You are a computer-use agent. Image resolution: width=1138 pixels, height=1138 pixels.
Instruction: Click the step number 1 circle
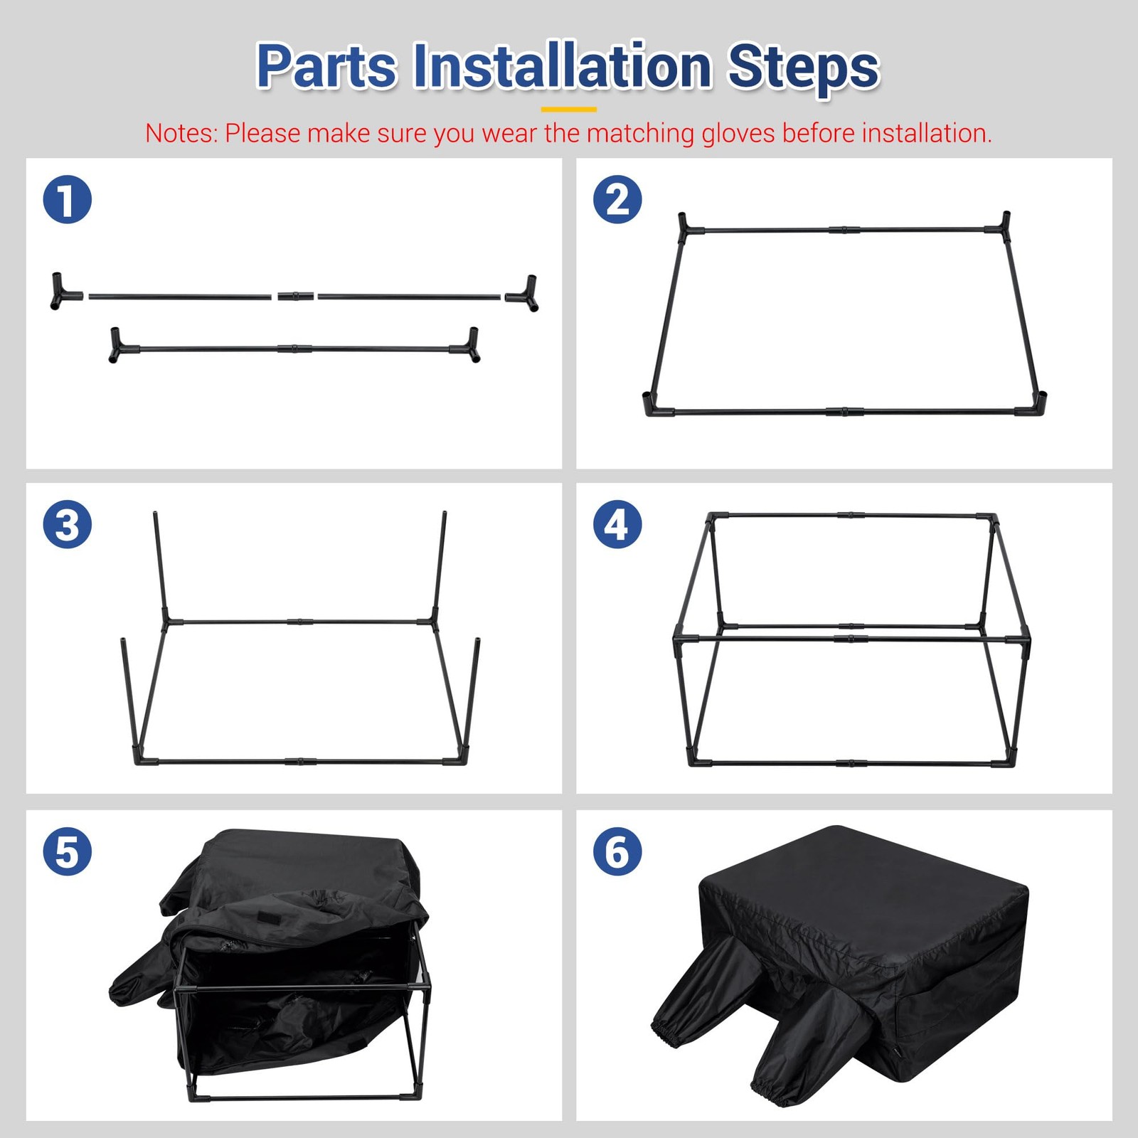68,199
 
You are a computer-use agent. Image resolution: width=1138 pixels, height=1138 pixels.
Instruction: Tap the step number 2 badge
617,199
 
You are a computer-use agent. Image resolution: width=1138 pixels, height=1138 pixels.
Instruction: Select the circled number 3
68,524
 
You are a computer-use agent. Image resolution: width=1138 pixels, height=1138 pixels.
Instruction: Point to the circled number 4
617,524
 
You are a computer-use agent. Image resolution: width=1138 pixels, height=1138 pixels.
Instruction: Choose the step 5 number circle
68,851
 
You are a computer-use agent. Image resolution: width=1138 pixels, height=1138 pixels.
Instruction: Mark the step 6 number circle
617,851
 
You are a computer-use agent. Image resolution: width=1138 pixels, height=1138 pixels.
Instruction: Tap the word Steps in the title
804,68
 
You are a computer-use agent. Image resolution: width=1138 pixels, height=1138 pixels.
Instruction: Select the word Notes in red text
181,133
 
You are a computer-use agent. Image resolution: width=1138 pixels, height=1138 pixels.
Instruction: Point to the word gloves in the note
738,134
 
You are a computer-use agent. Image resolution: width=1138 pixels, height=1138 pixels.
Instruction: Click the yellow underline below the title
569,110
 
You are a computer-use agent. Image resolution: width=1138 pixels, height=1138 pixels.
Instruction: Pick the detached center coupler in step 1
295,295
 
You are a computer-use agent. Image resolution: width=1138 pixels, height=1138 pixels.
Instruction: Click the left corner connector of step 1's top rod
63,291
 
